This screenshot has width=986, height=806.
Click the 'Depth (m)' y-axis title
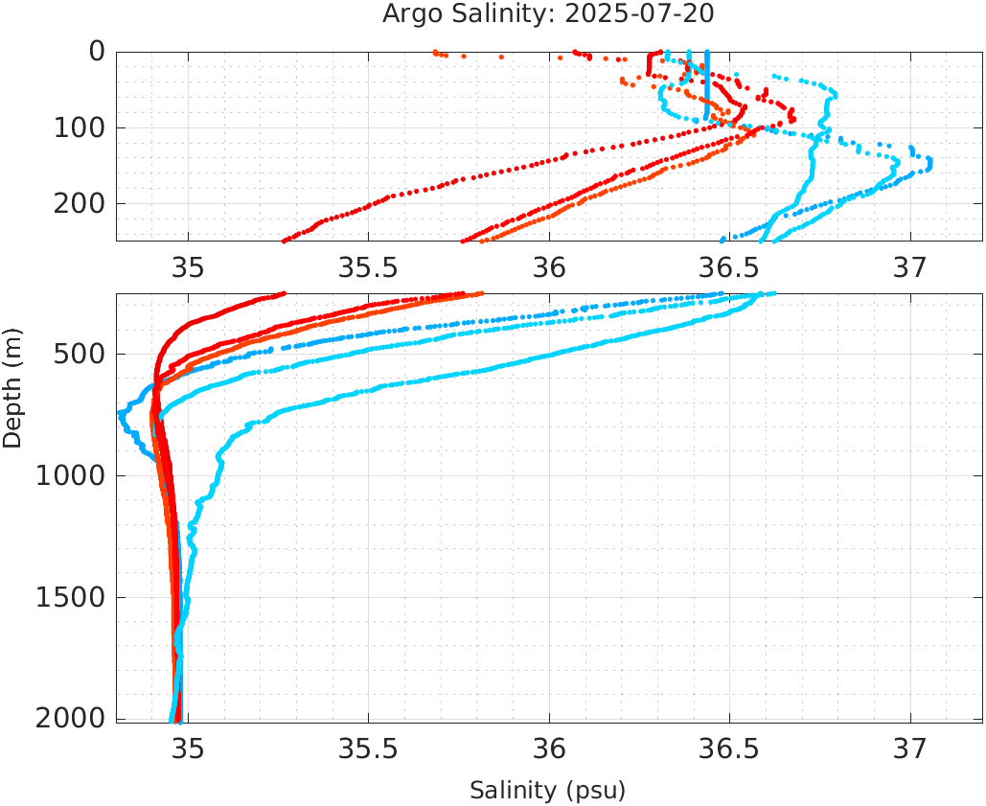(12, 385)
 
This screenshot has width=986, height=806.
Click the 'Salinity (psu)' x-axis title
(547, 791)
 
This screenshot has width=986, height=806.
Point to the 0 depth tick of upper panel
(97, 51)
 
